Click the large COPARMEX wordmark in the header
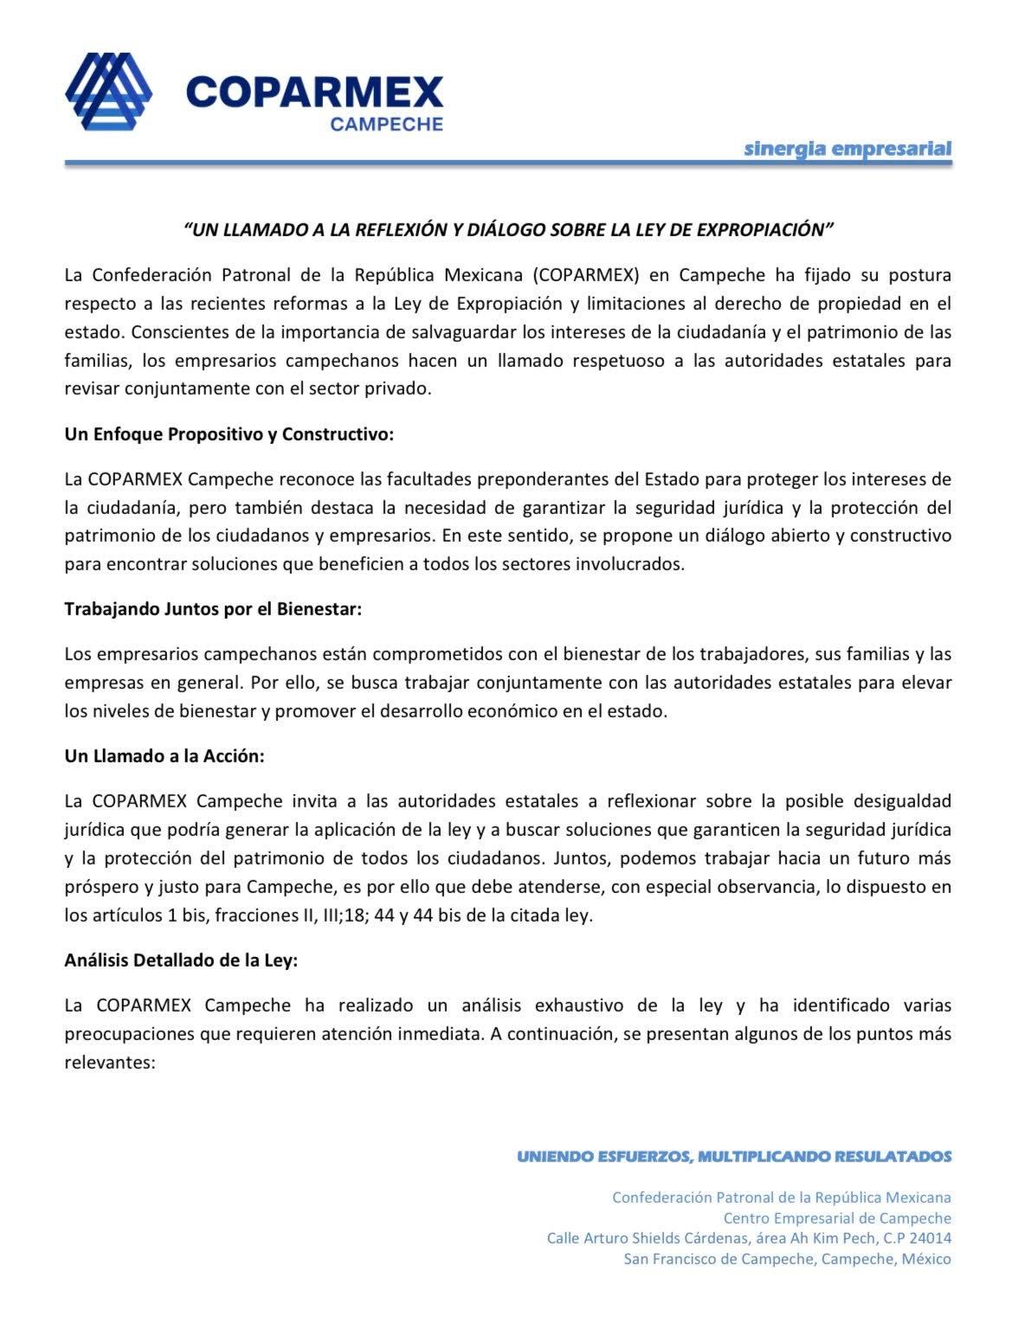(313, 90)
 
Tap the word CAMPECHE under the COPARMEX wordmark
(386, 124)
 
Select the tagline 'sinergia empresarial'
(848, 148)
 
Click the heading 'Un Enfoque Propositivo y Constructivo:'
(229, 434)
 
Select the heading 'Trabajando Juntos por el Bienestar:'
(212, 608)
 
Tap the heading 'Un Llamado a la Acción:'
(164, 755)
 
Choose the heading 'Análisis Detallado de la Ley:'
(181, 960)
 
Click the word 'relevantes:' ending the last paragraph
(109, 1062)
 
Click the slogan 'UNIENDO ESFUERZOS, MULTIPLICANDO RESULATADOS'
(733, 1156)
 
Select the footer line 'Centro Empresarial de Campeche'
(836, 1217)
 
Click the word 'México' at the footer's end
(925, 1259)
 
